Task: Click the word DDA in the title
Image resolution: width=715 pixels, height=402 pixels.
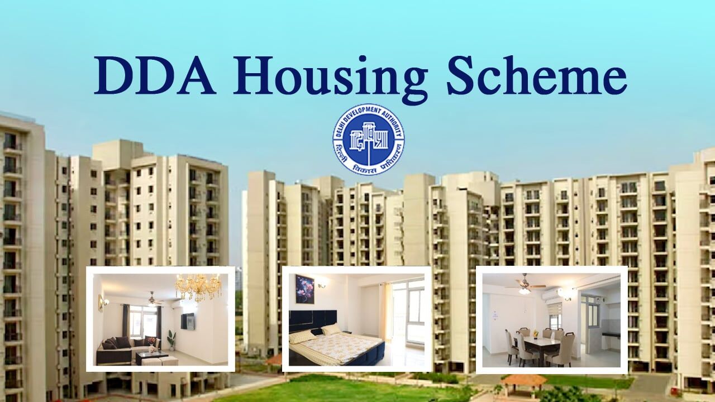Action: click(x=155, y=75)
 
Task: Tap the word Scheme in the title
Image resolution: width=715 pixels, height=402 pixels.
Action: click(x=537, y=75)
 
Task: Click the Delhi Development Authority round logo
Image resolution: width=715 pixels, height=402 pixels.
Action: click(x=369, y=139)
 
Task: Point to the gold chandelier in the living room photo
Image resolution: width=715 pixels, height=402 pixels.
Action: click(x=198, y=287)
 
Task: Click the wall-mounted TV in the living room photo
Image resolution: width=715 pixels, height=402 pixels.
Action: click(x=187, y=321)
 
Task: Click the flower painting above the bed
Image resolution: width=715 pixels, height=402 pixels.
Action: click(x=304, y=289)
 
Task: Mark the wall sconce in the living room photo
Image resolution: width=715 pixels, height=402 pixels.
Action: click(x=103, y=302)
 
